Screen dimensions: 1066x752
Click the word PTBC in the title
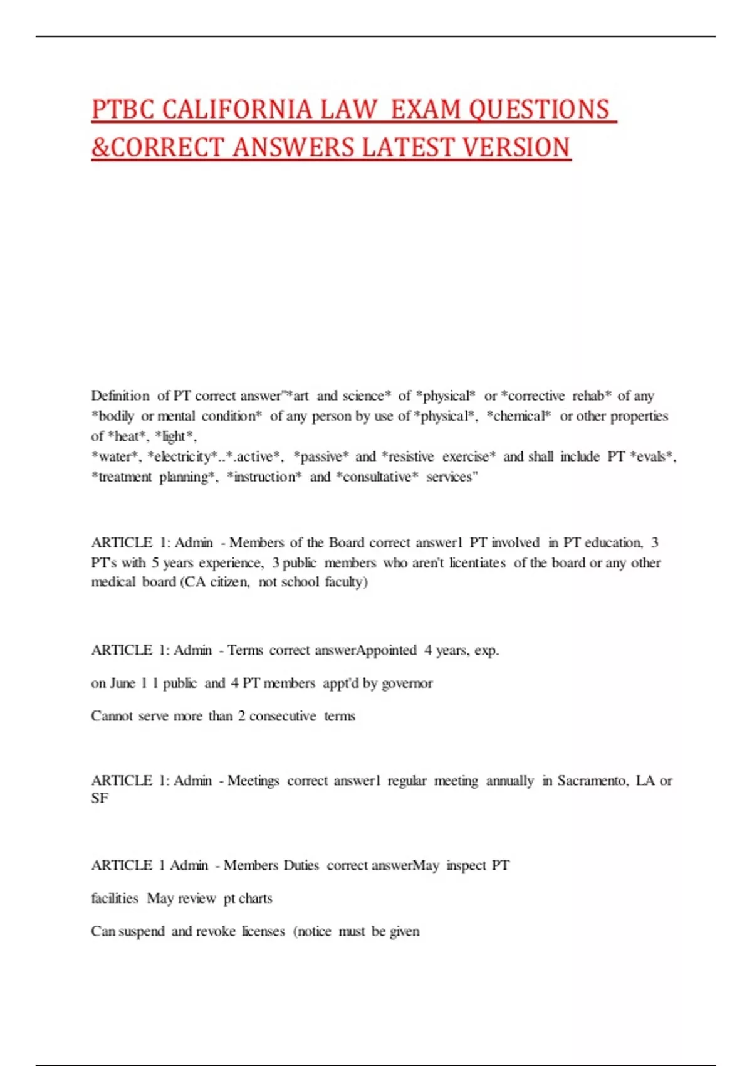click(123, 110)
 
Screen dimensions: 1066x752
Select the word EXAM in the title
click(426, 110)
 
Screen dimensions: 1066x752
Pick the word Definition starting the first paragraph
click(120, 396)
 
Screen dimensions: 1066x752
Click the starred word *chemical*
click(518, 416)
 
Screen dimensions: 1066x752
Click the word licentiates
click(477, 562)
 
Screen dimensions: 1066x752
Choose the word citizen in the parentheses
click(229, 582)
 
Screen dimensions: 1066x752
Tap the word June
click(122, 683)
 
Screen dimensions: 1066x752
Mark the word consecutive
click(283, 716)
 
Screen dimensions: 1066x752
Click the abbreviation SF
click(100, 798)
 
